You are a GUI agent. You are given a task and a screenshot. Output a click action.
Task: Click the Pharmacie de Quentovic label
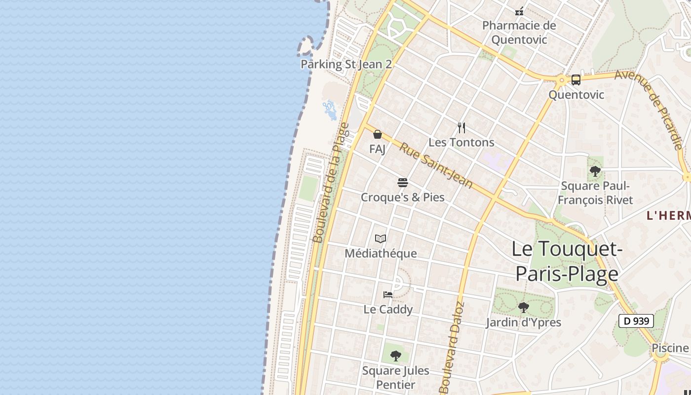[519, 32]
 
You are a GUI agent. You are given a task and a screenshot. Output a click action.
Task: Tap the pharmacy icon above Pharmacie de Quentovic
[519, 10]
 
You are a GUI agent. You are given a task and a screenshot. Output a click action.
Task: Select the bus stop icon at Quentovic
[576, 79]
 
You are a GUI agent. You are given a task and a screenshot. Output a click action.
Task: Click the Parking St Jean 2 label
[346, 64]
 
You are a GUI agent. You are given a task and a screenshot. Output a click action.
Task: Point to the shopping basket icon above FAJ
[378, 134]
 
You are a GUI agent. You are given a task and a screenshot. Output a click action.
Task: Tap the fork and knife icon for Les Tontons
[461, 128]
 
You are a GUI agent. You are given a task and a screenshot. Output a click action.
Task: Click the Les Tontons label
[461, 142]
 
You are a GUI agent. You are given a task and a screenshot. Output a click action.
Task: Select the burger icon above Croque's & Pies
[403, 183]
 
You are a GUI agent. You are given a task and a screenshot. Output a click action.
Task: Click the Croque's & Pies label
[403, 197]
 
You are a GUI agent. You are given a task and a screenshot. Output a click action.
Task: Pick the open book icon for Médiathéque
[381, 239]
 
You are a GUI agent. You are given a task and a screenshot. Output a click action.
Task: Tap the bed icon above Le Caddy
[388, 295]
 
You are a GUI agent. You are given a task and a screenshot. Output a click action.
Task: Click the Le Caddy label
[388, 309]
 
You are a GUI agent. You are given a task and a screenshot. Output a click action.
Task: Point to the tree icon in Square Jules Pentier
[395, 355]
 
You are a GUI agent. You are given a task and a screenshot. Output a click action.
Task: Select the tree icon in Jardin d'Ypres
[524, 308]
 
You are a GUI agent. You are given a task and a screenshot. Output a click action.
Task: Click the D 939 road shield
[636, 321]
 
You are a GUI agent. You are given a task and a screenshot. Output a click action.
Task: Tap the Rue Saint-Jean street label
[436, 165]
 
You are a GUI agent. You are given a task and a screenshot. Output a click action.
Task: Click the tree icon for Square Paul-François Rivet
[595, 171]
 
